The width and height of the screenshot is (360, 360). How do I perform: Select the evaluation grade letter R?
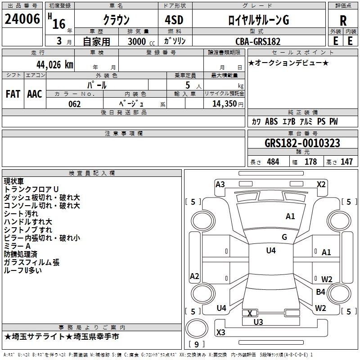pos(343,20)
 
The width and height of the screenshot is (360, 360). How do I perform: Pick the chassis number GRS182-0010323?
pos(302,143)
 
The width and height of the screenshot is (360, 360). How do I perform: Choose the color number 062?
pos(74,104)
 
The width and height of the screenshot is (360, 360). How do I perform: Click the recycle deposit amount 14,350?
pos(224,104)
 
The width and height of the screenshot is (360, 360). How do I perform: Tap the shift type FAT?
pos(13,94)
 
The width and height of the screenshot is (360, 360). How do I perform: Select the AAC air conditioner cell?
pos(35,94)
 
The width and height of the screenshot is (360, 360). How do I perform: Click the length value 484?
pos(273,162)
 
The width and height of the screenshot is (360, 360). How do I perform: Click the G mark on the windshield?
pos(284,237)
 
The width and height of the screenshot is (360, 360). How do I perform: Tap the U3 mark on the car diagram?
pos(258,322)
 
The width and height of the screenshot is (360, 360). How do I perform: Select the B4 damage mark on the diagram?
pos(320,292)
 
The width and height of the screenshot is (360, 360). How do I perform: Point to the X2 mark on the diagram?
pos(321,184)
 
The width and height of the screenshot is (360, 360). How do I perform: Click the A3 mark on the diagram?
pos(220,184)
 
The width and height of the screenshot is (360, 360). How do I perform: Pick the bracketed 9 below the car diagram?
pos(196,345)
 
